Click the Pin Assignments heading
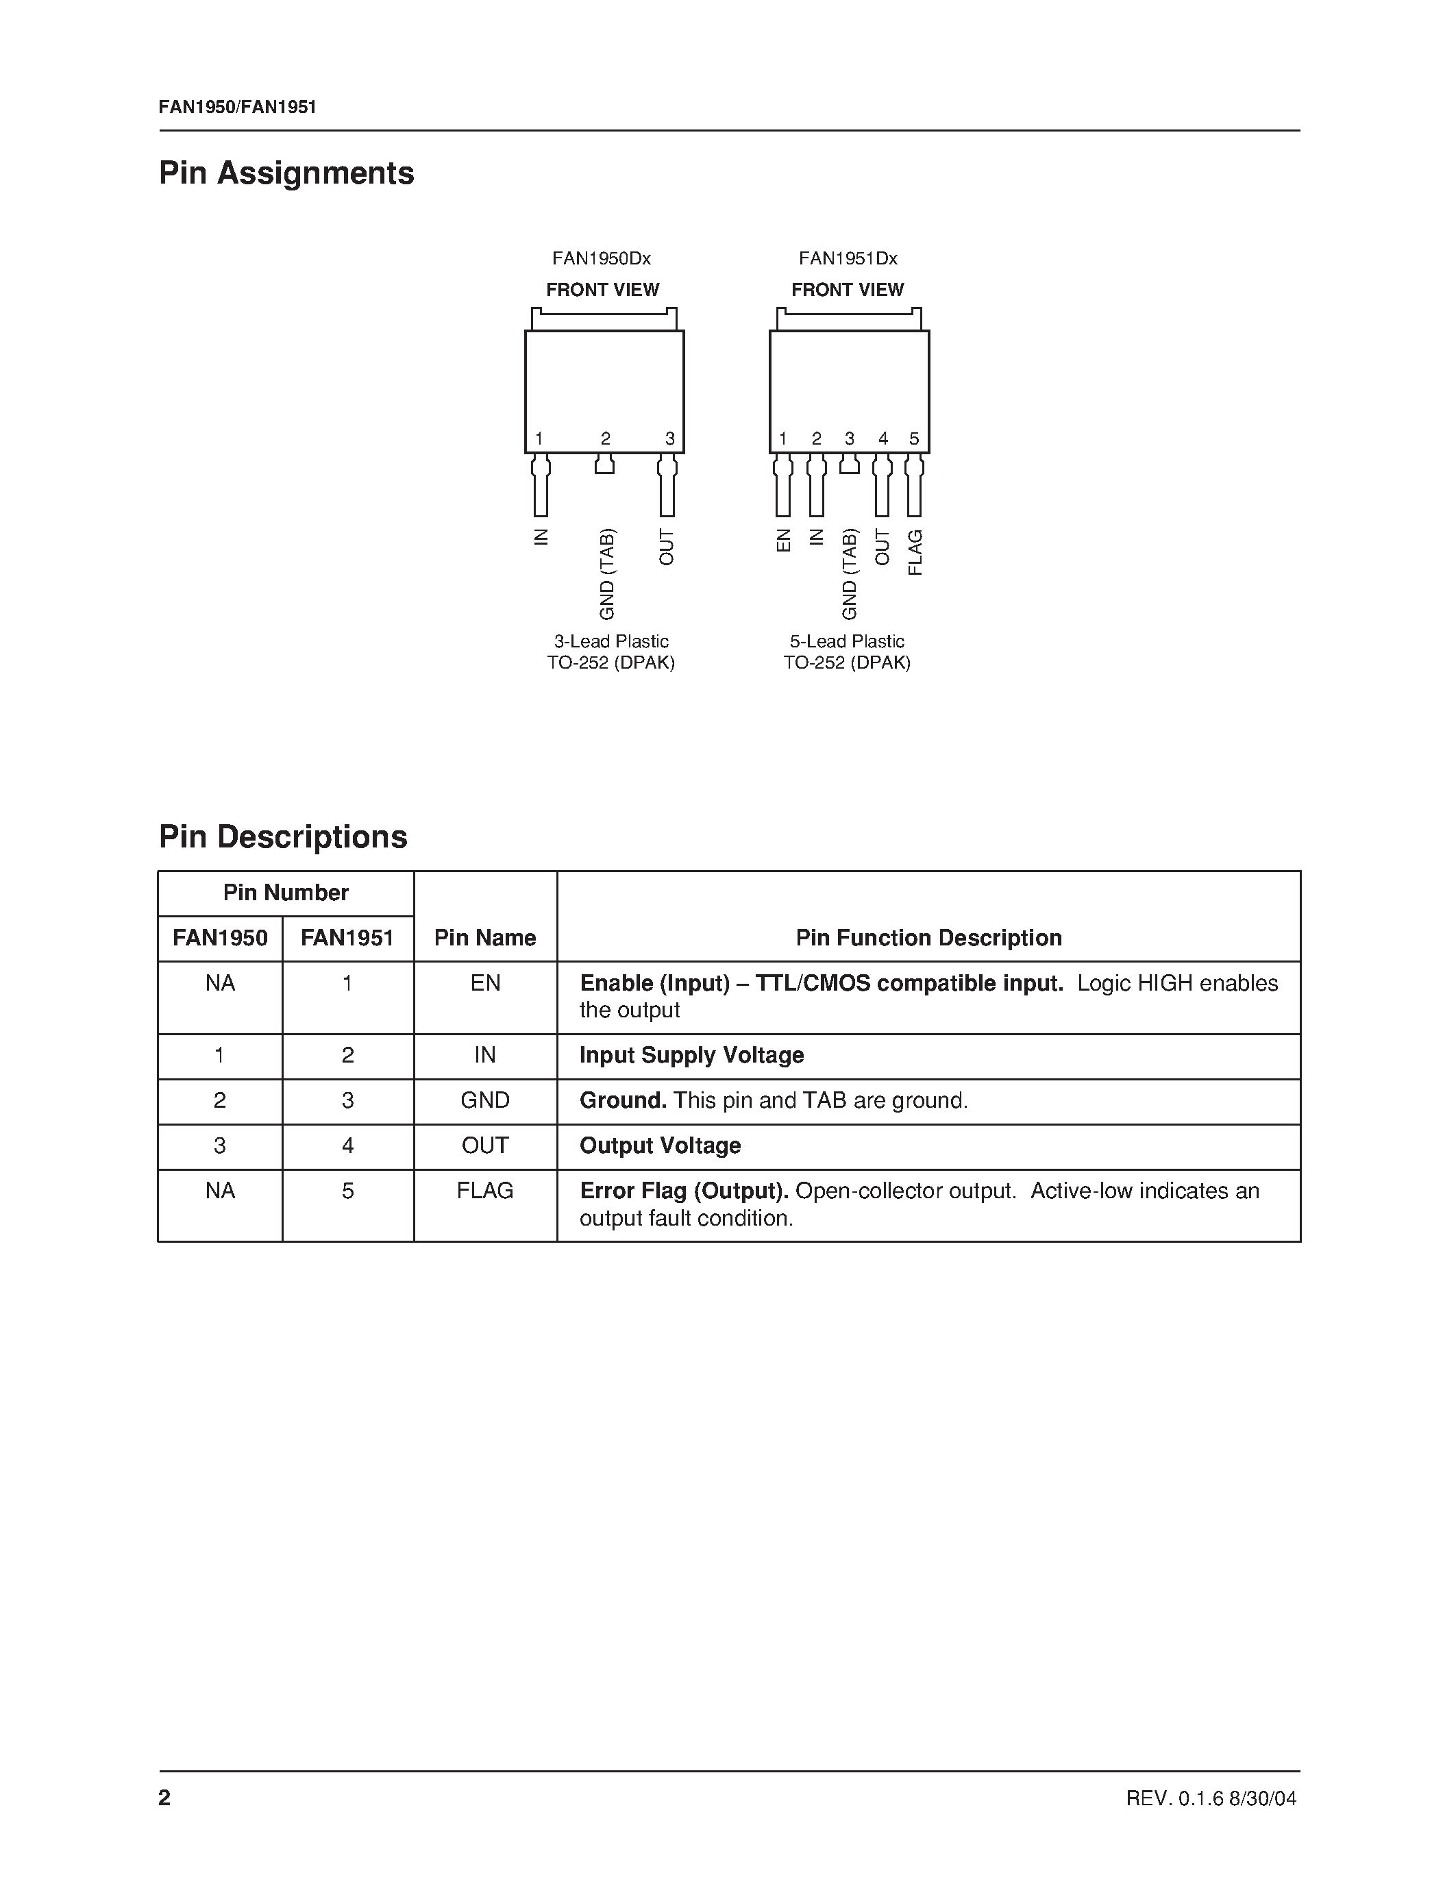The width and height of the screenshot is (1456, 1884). click(286, 173)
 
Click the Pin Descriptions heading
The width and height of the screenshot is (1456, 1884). click(283, 836)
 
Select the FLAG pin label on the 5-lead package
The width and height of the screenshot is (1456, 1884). click(915, 553)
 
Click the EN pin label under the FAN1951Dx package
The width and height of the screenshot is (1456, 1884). click(783, 541)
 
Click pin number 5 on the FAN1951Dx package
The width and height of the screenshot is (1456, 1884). click(914, 439)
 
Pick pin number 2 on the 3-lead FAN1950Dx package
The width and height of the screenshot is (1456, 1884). click(606, 439)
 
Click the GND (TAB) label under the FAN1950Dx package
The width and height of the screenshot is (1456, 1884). click(607, 573)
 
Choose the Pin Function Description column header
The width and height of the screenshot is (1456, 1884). click(928, 938)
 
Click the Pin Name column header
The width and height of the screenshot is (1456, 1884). click(484, 938)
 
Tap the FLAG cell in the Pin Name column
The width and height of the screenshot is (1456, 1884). click(484, 1191)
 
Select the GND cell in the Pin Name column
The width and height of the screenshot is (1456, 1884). click(484, 1101)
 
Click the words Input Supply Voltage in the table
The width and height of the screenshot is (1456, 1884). click(691, 1055)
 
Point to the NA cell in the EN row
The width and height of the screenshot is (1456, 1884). click(220, 983)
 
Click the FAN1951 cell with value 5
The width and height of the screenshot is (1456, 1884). click(347, 1191)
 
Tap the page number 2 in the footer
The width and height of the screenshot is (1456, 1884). click(164, 1798)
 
